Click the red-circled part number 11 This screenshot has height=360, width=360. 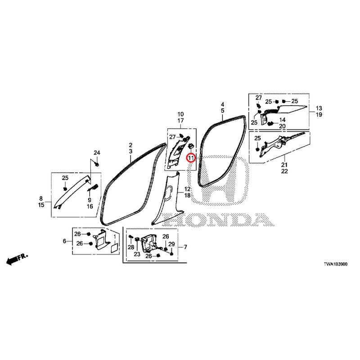pos(191,158)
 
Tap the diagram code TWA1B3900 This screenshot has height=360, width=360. pos(335,264)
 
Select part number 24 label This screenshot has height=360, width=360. pos(97,153)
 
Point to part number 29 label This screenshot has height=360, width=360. pos(171,244)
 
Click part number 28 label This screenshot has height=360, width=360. pos(131,247)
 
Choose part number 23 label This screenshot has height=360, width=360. pos(137,254)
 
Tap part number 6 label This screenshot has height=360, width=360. pos(64,241)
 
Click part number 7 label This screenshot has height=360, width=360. pos(185,247)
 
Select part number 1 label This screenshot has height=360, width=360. pos(115,236)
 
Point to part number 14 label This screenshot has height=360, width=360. pos(282,120)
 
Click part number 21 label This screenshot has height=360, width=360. pos(284,165)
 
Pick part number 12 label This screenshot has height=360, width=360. pos(187,189)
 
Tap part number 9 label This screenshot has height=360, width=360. pos(90,200)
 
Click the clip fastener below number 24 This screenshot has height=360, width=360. pos(97,164)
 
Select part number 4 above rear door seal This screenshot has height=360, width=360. pos(222,104)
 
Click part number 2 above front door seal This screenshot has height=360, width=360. pos(130,145)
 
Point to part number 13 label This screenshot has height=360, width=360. pos(319,108)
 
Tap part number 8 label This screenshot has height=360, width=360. pos(41,198)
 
